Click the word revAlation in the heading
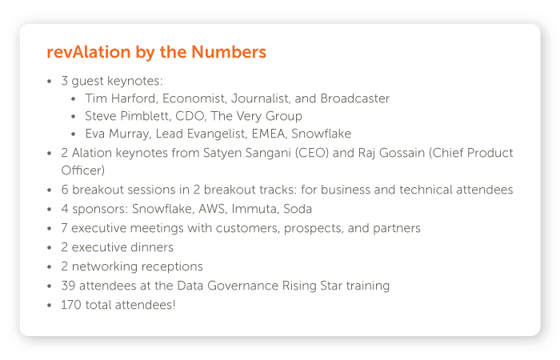pyautogui.click(x=88, y=53)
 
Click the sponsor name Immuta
pyautogui.click(x=256, y=209)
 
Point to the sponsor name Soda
pyautogui.click(x=297, y=209)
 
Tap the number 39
pyautogui.click(x=68, y=286)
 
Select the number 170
pyautogui.click(x=72, y=305)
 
